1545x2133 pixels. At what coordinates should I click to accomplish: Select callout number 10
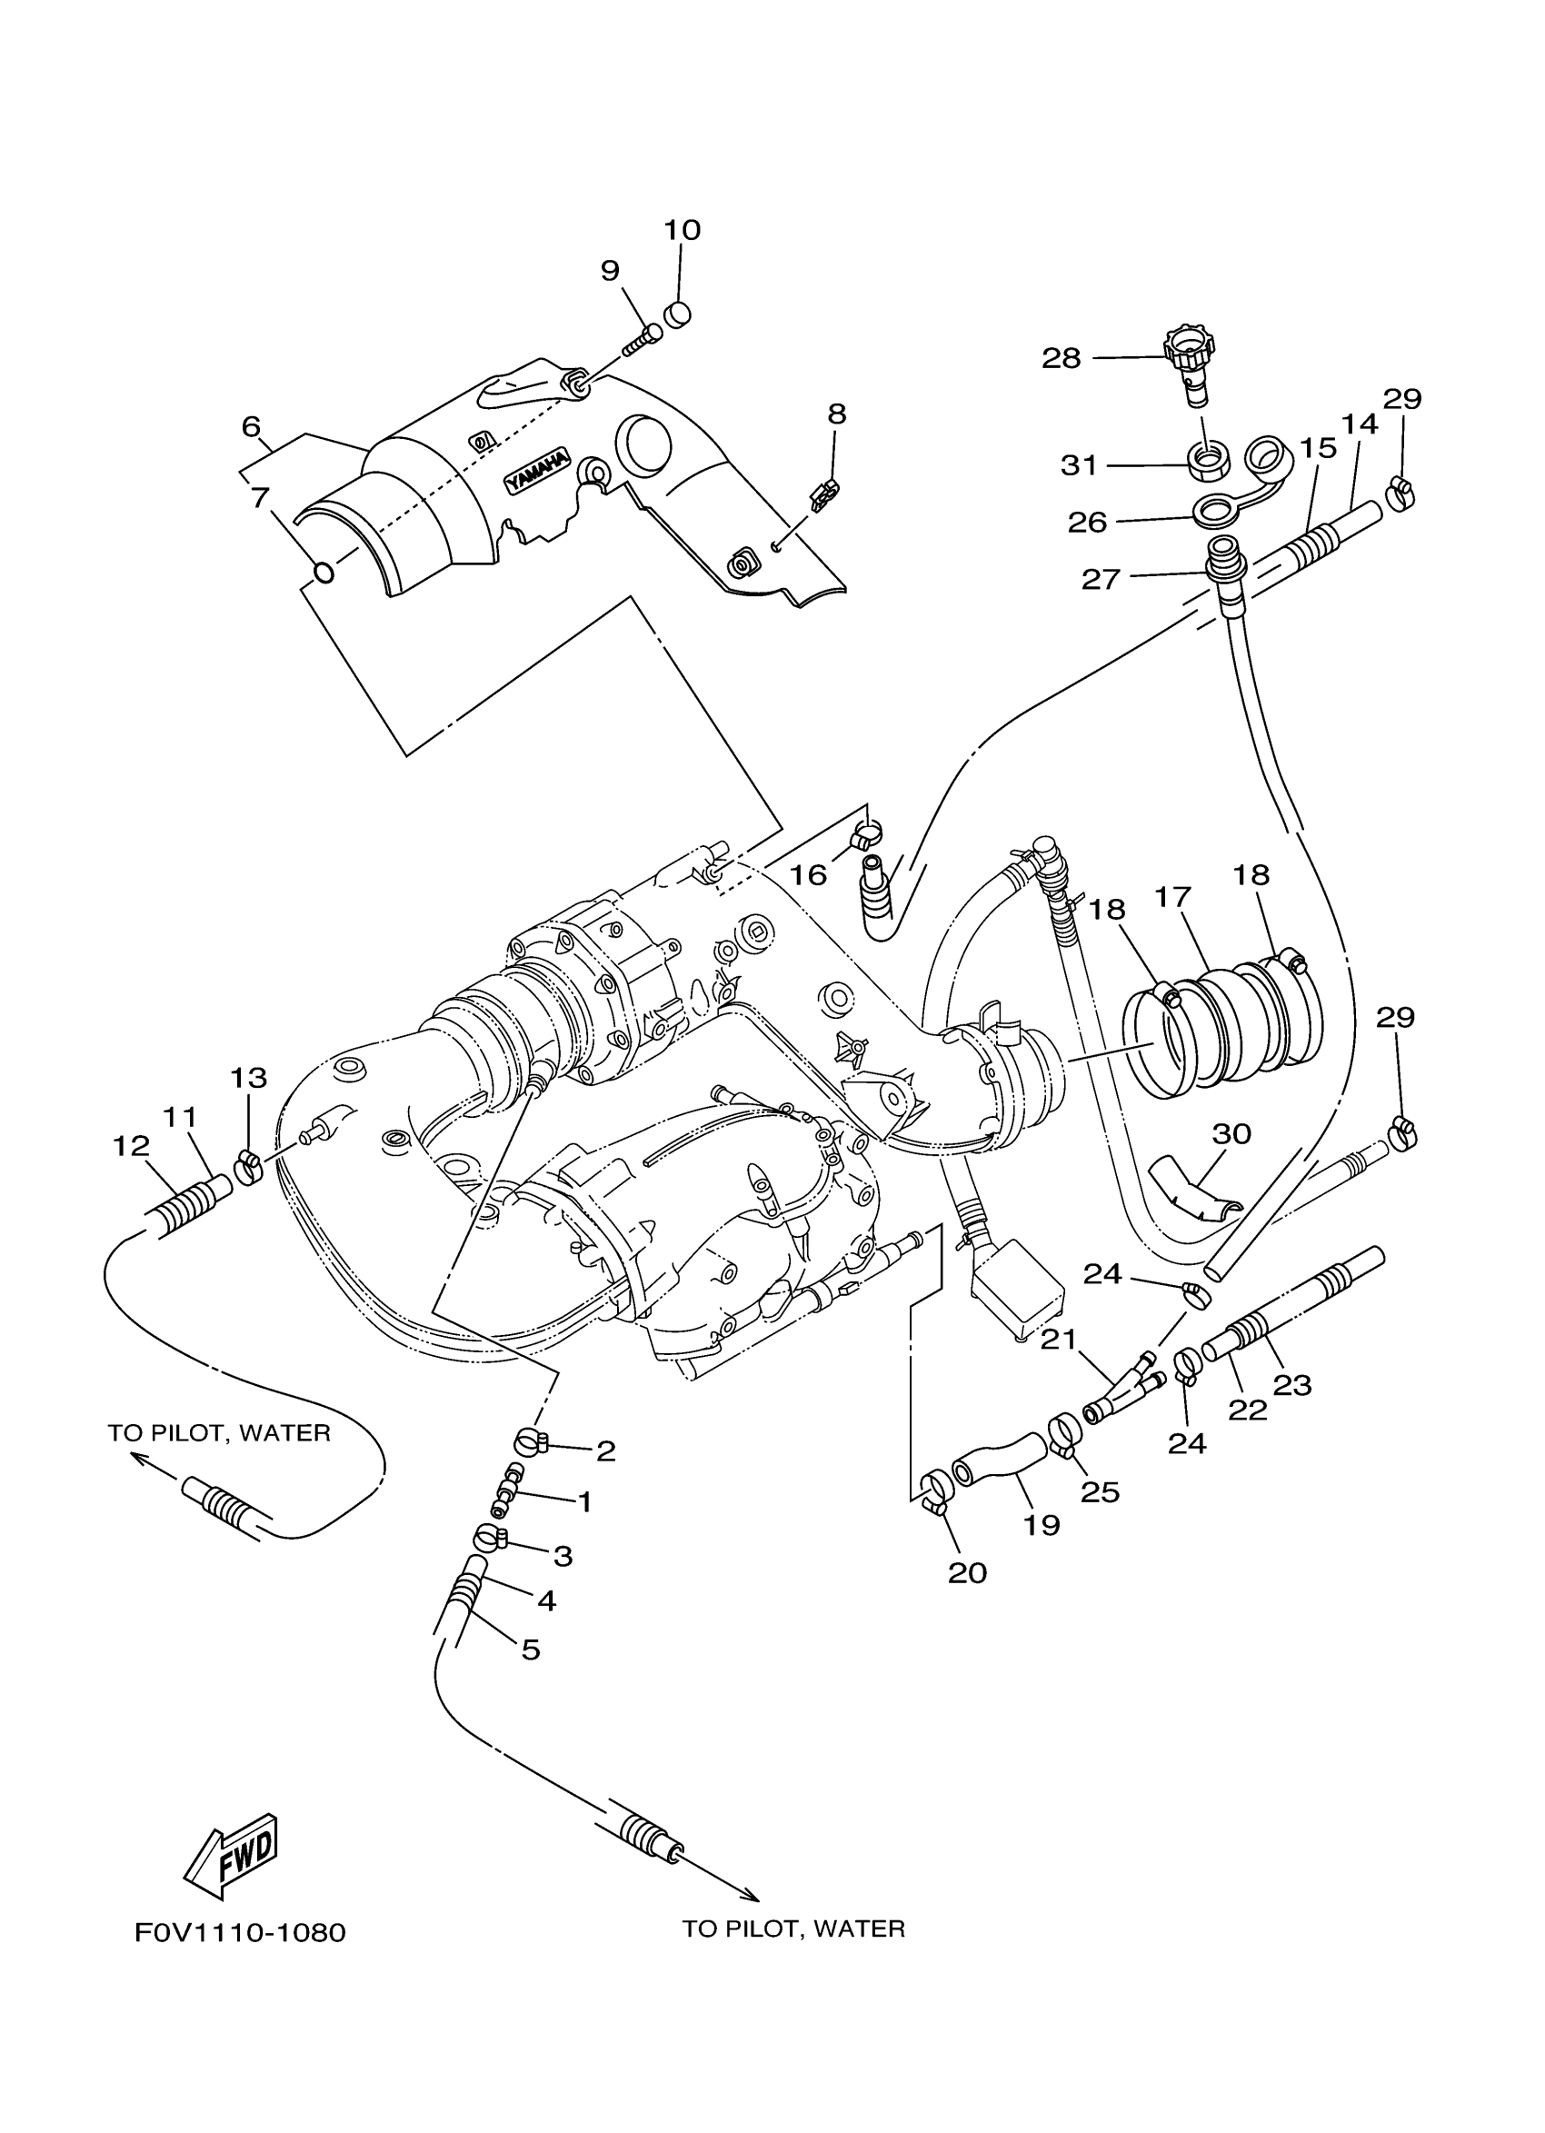[x=683, y=231]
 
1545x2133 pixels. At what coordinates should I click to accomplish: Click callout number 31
[x=1079, y=465]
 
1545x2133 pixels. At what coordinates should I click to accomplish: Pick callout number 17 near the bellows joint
[x=1172, y=897]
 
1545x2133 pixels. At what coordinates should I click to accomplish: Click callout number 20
[x=968, y=1572]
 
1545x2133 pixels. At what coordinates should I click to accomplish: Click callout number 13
[x=248, y=1077]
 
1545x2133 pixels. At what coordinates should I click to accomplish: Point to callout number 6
[x=251, y=427]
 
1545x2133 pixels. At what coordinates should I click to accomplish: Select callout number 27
[x=1101, y=578]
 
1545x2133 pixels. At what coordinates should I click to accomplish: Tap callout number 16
[x=807, y=874]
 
